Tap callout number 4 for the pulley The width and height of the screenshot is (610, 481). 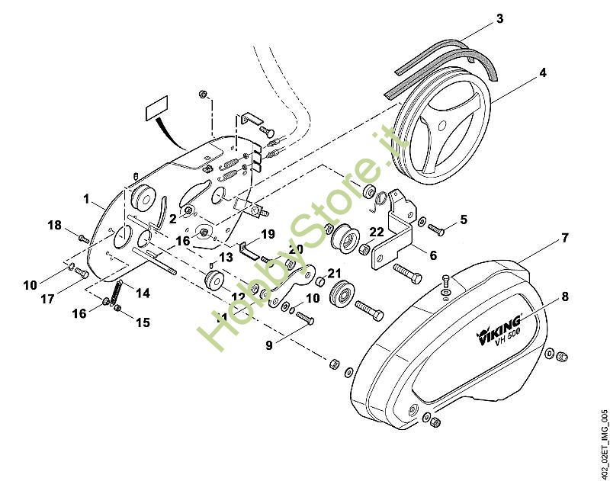[542, 73]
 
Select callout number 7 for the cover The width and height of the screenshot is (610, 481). [564, 238]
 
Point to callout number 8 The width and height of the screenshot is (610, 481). [564, 297]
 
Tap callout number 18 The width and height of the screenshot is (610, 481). [54, 225]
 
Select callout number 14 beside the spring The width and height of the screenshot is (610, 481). [143, 292]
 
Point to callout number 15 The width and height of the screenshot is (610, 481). [143, 322]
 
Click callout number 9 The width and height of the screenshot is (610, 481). [268, 345]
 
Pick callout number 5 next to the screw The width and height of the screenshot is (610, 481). [463, 219]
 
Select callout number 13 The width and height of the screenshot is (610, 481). [225, 258]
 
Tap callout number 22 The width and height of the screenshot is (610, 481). [377, 232]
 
